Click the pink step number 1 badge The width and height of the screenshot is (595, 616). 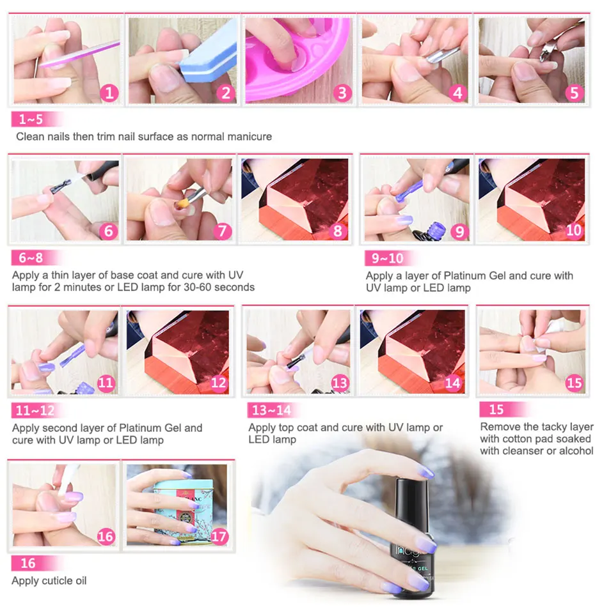pos(109,93)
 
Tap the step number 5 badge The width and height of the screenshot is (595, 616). pos(574,93)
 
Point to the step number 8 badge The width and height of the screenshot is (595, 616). pos(337,231)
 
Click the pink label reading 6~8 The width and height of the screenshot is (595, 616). pos(31,258)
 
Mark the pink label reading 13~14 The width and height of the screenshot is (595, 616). pos(271,410)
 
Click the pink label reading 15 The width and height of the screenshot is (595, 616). pos(496,410)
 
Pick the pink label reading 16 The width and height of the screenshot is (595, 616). pos(28,564)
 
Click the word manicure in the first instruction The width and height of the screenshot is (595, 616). pos(249,136)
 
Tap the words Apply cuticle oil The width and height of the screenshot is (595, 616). pos(49,581)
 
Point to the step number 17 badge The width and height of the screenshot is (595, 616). pos(219,535)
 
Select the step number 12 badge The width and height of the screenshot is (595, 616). pos(218,383)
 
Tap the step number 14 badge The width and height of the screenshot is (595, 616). pos(453,383)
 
